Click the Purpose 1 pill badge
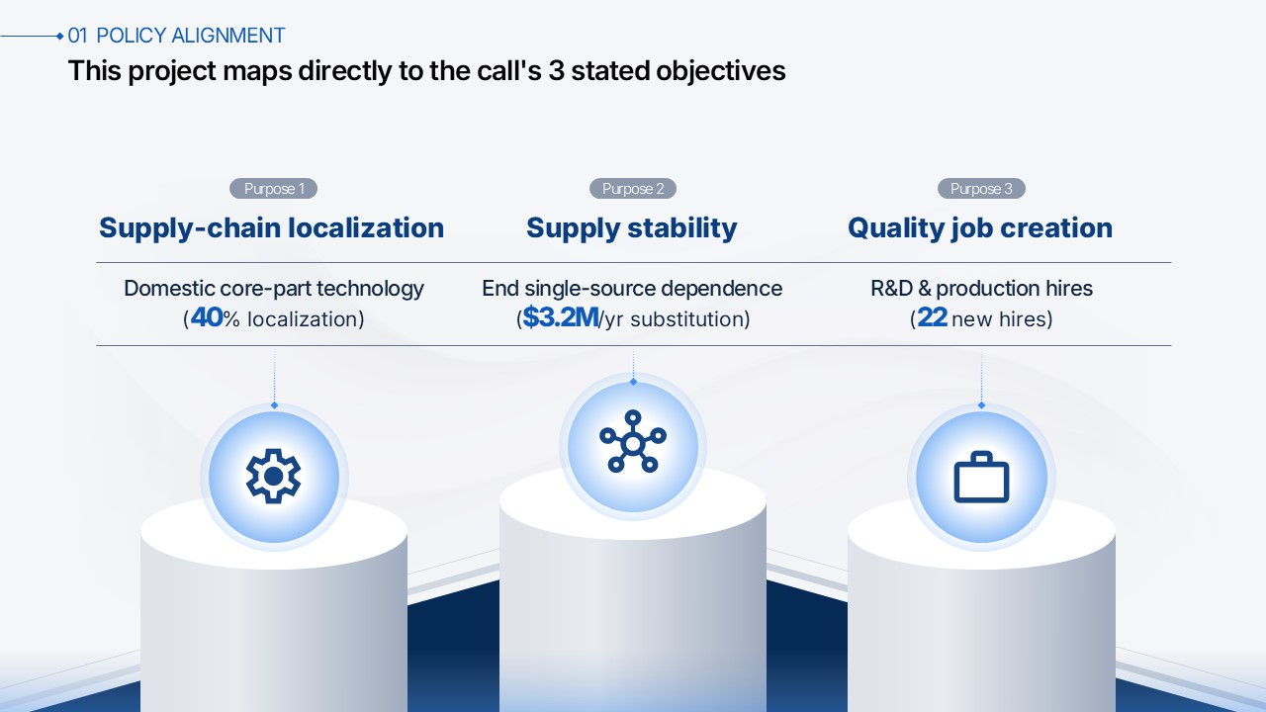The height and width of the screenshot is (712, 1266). coord(273,188)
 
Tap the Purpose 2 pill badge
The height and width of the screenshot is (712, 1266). coord(632,188)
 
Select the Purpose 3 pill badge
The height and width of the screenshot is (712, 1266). coord(981,188)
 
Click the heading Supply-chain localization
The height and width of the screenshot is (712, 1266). coord(272,227)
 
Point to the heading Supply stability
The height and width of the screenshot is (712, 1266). coord(632,228)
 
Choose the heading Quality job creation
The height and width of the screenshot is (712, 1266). coord(980,228)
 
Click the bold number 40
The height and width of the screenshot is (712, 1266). coord(207,317)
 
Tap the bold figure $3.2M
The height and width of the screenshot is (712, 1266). coord(560,317)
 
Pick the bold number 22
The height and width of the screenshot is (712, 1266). coord(932,317)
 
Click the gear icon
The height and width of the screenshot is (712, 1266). coord(274,477)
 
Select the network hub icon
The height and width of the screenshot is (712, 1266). coord(633,441)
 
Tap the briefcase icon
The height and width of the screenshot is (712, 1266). coord(981,477)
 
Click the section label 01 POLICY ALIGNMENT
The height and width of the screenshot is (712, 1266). coord(176,36)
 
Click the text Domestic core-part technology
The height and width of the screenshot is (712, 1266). coord(274,288)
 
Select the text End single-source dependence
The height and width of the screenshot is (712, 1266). coord(632,288)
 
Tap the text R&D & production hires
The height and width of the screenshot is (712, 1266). coord(981,288)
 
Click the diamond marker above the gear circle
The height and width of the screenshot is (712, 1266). coord(274,405)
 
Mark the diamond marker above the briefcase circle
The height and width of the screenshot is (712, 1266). coord(981,405)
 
